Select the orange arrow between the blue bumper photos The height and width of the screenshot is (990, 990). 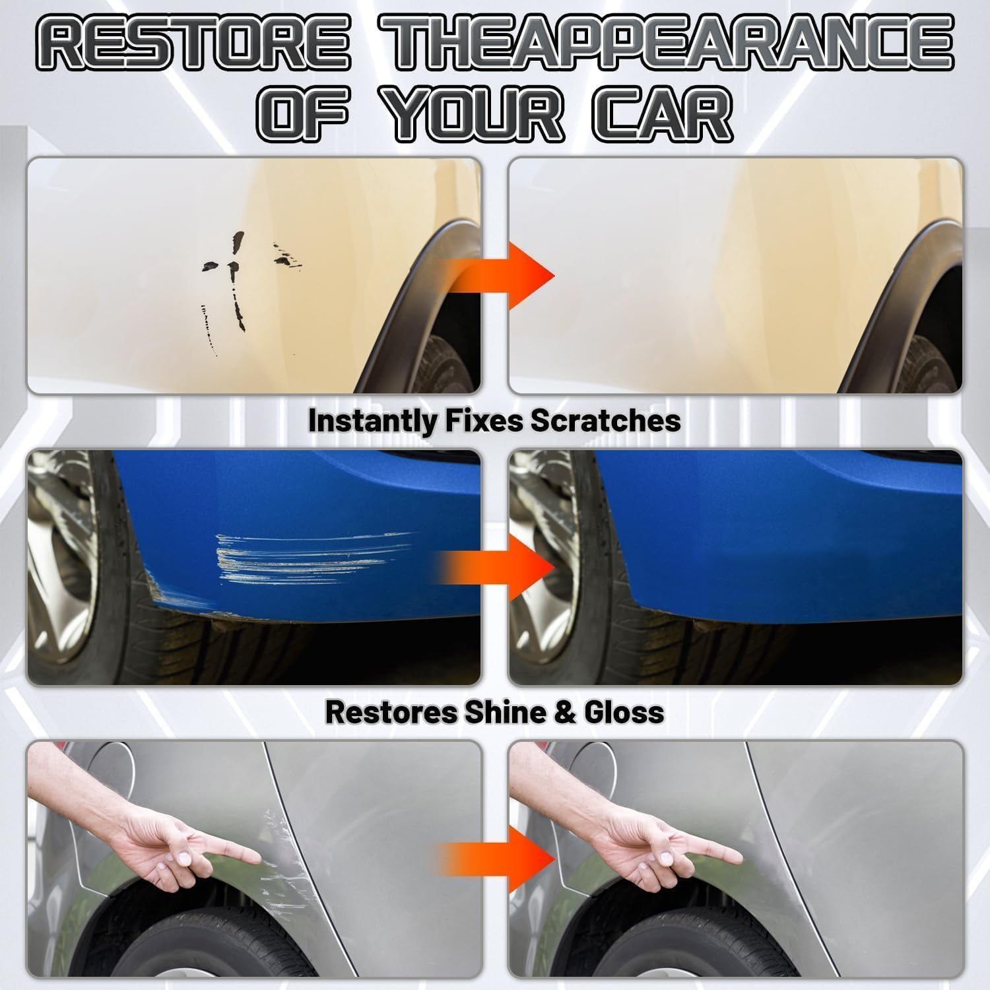pyautogui.click(x=508, y=567)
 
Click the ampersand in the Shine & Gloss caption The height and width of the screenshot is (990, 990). pyautogui.click(x=556, y=713)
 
